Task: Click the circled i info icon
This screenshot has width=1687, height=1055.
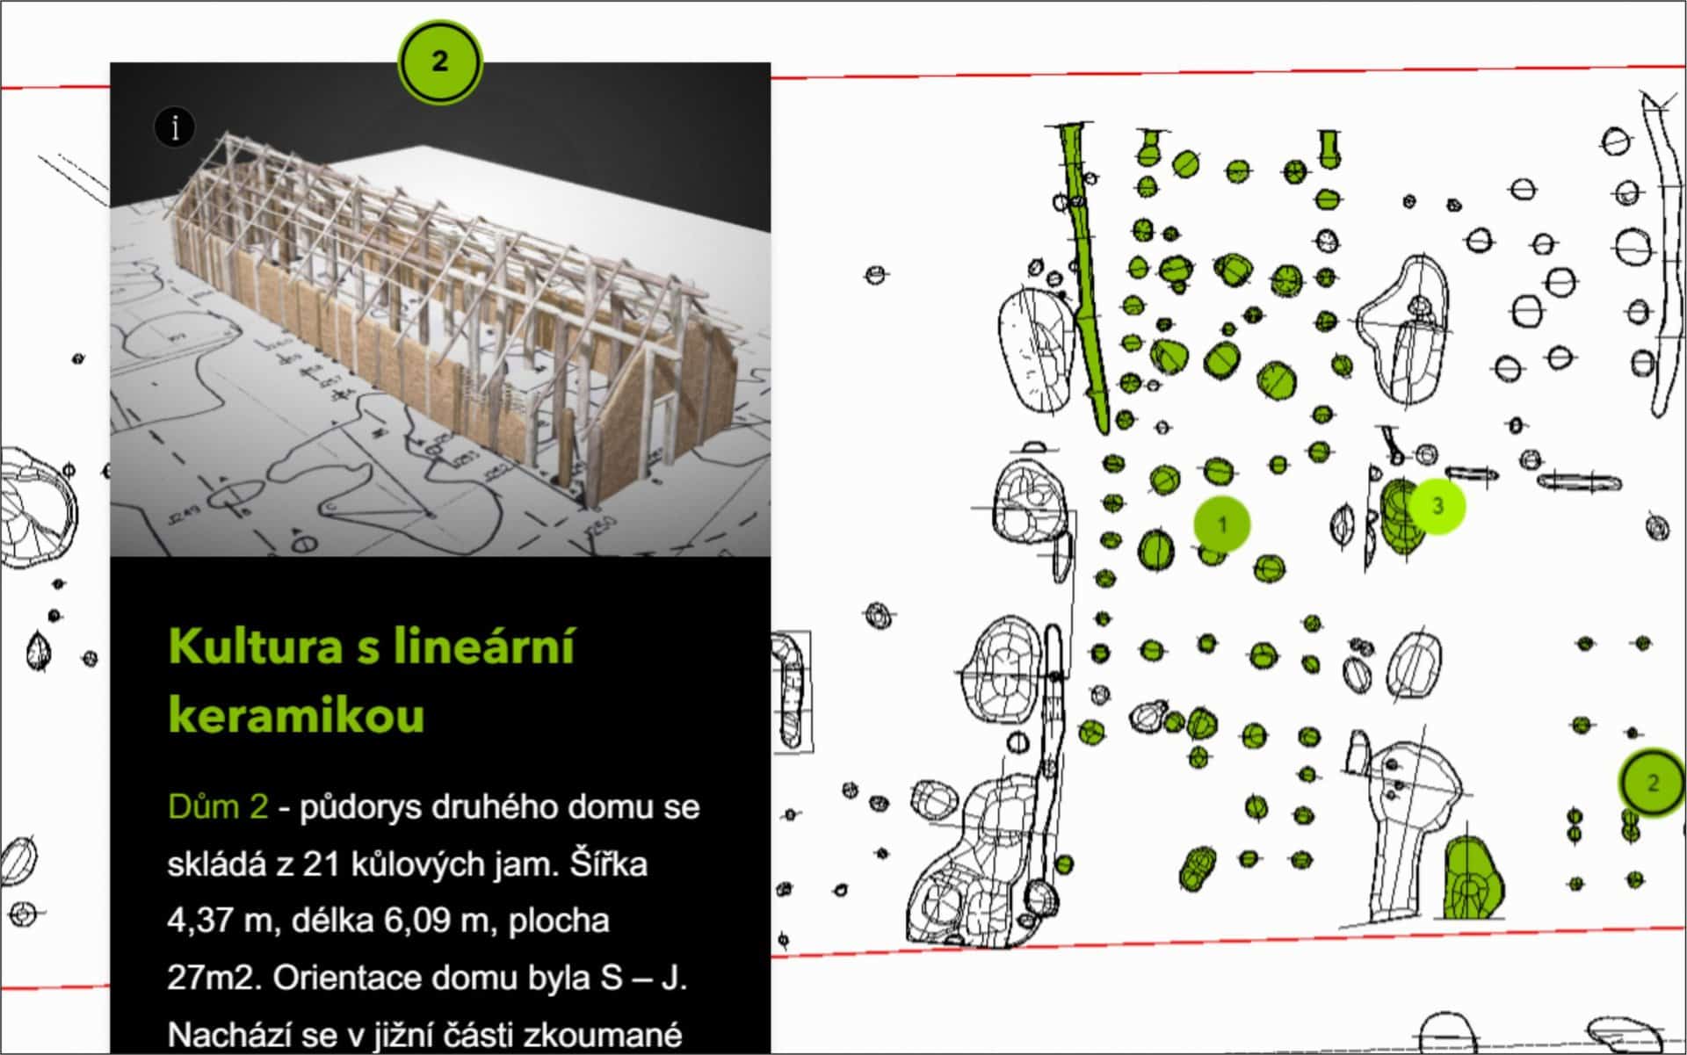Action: click(175, 127)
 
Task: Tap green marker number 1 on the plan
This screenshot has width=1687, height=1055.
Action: click(1221, 524)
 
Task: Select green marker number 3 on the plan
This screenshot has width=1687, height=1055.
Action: click(1437, 505)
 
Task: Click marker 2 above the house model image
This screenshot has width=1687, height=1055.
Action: click(439, 61)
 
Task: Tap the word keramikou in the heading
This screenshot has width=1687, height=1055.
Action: click(296, 714)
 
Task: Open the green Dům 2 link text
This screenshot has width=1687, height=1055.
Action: click(218, 806)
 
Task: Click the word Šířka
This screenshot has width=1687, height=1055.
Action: click(608, 864)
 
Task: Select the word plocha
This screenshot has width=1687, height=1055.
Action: click(559, 921)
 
